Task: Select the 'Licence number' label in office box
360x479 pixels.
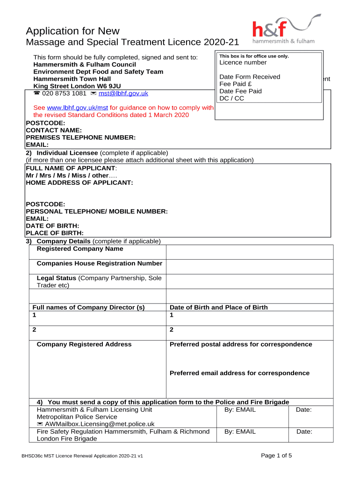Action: click(x=243, y=63)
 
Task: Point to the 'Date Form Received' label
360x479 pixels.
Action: click(x=250, y=77)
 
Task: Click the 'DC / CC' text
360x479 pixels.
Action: click(x=232, y=98)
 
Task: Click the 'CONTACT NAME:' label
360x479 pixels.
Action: click(x=54, y=130)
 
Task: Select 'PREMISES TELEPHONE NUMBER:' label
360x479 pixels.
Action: click(x=80, y=138)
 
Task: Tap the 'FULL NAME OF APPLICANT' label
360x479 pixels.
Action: click(x=71, y=168)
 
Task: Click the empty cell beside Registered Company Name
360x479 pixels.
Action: click(x=250, y=252)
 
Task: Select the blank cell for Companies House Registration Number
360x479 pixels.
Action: click(x=250, y=267)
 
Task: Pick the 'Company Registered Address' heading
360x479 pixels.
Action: click(x=84, y=344)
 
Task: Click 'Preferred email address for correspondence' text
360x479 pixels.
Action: click(x=239, y=373)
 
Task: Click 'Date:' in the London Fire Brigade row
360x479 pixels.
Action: click(x=304, y=432)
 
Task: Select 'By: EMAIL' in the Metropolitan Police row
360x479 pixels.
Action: click(x=240, y=410)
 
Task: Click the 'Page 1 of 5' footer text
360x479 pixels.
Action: click(x=276, y=456)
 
